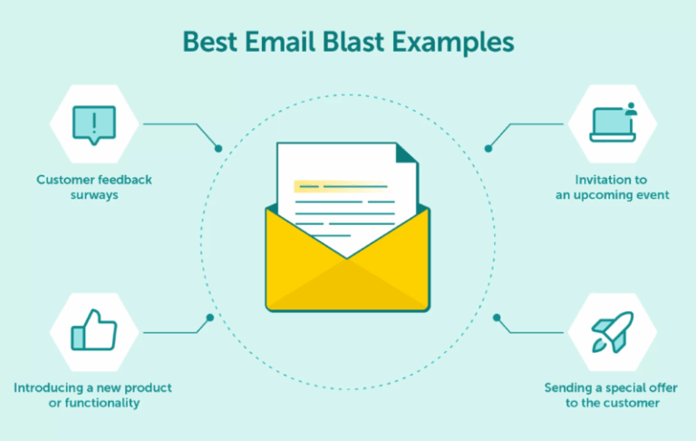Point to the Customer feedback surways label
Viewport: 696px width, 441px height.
[94, 187]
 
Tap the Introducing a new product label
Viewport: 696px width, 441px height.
[92, 387]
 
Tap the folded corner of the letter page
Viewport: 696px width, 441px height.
[407, 153]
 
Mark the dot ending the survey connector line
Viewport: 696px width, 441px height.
[218, 148]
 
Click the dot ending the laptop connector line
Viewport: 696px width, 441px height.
[488, 148]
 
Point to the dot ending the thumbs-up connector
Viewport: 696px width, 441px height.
[210, 318]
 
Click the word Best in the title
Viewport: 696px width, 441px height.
[207, 42]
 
